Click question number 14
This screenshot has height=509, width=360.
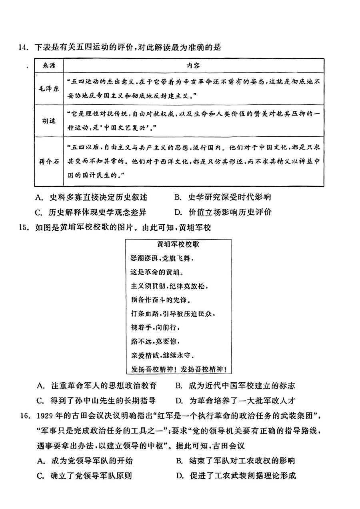point(22,48)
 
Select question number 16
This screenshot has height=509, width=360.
point(22,417)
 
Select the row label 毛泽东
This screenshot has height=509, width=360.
point(48,89)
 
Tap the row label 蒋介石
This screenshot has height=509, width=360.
point(48,161)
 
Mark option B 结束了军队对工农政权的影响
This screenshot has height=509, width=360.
point(235,461)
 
